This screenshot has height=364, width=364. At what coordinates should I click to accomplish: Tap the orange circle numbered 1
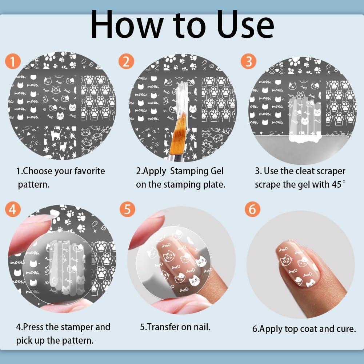coord(13,61)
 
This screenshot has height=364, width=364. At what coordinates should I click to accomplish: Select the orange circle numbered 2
coord(126,61)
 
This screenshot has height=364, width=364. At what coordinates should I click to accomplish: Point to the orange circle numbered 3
coord(249,61)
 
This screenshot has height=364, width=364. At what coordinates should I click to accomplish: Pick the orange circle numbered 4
coord(13,209)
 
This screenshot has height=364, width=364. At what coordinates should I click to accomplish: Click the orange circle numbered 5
coord(127,209)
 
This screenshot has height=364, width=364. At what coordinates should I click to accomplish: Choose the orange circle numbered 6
coord(252,209)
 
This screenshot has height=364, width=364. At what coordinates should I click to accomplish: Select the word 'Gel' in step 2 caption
coord(217,171)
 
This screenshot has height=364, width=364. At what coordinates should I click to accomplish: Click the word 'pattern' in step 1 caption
coord(33,185)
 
